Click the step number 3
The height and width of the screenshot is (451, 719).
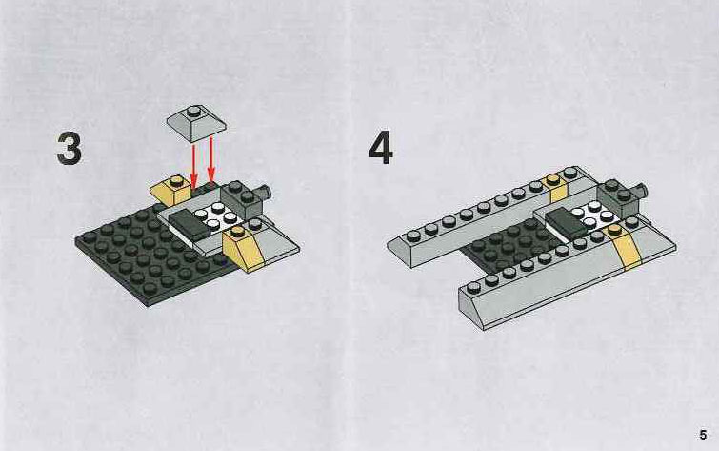coord(70,148)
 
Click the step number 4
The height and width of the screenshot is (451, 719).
coord(381,147)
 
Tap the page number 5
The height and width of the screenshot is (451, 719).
coord(703,435)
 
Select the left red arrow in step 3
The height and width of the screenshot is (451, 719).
coord(193,163)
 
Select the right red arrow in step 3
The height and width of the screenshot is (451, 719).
coord(210,157)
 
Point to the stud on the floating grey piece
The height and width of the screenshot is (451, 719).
coord(194,111)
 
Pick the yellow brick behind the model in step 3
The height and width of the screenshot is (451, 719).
coord(170,189)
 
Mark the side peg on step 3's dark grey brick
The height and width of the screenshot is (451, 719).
coord(265,194)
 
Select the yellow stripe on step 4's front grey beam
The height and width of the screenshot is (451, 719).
coord(625,249)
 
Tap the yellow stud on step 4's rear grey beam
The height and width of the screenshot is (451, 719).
coord(551,178)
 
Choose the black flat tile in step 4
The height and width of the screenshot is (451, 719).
coord(565,222)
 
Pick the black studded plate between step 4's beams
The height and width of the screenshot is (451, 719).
coord(509,247)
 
